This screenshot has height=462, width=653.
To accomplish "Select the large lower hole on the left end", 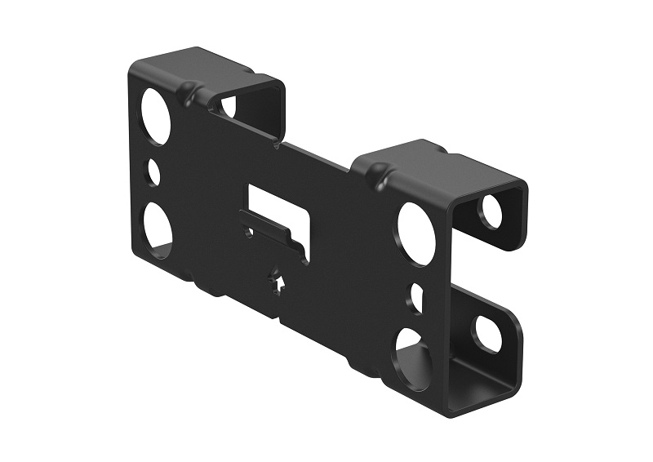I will tap(157, 226).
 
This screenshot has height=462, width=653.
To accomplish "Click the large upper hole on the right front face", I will tap(417, 232).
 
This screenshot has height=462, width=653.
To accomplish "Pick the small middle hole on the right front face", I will tap(417, 296).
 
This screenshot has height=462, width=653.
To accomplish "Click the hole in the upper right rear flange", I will tap(491, 211).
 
